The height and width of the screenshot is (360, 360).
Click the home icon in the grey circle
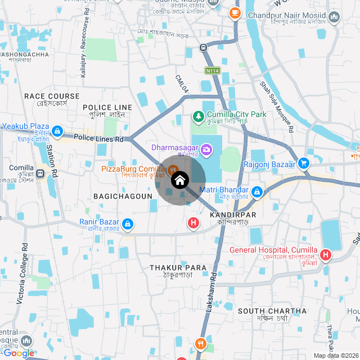(179, 181)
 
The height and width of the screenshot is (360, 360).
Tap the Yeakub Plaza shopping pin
(56, 132)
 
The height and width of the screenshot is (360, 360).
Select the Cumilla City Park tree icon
(198, 116)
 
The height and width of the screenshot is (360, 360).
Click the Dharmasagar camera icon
(207, 149)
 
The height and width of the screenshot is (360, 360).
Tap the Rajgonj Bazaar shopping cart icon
(304, 164)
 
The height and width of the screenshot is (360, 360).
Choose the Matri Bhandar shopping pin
(257, 192)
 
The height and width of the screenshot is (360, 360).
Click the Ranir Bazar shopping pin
(128, 224)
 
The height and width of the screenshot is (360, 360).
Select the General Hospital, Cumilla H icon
(326, 255)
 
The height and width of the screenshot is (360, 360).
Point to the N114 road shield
(212, 71)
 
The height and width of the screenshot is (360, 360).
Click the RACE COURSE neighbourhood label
(52, 96)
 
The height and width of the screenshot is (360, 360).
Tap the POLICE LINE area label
(107, 107)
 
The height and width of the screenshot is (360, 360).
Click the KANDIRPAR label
(232, 215)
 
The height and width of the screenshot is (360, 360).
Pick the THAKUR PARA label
(178, 268)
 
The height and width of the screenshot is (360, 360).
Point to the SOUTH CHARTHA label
(272, 311)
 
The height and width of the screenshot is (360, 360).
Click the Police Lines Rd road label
(98, 138)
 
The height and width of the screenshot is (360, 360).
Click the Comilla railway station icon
(40, 174)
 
